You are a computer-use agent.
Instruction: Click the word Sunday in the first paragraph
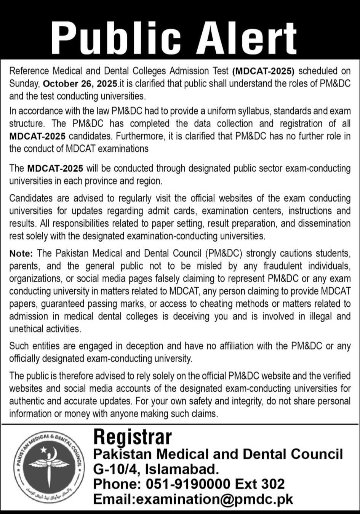pyautogui.click(x=24, y=83)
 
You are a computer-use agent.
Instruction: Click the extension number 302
pyautogui.click(x=273, y=484)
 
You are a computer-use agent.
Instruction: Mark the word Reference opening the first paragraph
pyautogui.click(x=29, y=71)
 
